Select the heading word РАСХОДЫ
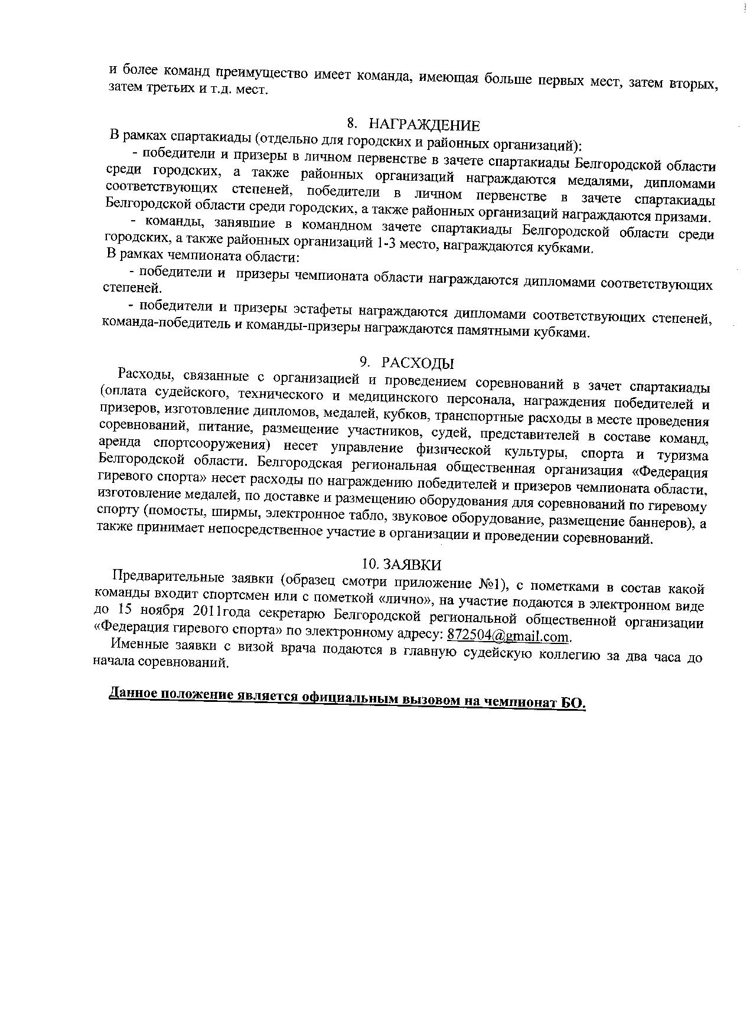(418, 362)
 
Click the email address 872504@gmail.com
(509, 636)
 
